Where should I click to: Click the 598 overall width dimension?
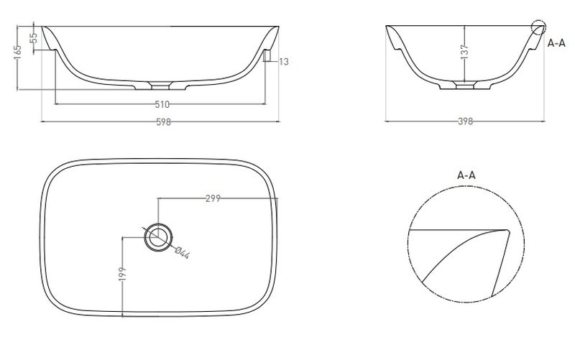(x=164, y=122)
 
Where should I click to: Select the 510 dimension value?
(x=162, y=105)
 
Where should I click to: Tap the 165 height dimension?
(x=17, y=52)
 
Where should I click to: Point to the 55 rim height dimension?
(x=33, y=38)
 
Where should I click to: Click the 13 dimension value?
(x=284, y=62)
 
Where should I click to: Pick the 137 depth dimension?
(x=464, y=52)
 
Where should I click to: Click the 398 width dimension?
(x=465, y=121)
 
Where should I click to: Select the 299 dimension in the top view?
(x=213, y=198)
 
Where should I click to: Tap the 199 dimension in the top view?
(x=122, y=274)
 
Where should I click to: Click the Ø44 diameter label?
(x=183, y=253)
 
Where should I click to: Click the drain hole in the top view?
(x=158, y=237)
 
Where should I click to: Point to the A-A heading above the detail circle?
(x=466, y=175)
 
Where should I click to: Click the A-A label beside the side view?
(x=556, y=43)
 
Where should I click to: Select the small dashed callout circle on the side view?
(x=538, y=27)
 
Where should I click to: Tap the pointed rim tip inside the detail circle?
(x=507, y=231)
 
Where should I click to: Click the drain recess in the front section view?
(x=160, y=86)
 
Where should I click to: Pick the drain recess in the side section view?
(x=464, y=86)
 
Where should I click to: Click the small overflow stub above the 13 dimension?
(x=267, y=56)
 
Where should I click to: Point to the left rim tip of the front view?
(x=42, y=27)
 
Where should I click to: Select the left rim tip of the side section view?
(x=387, y=27)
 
